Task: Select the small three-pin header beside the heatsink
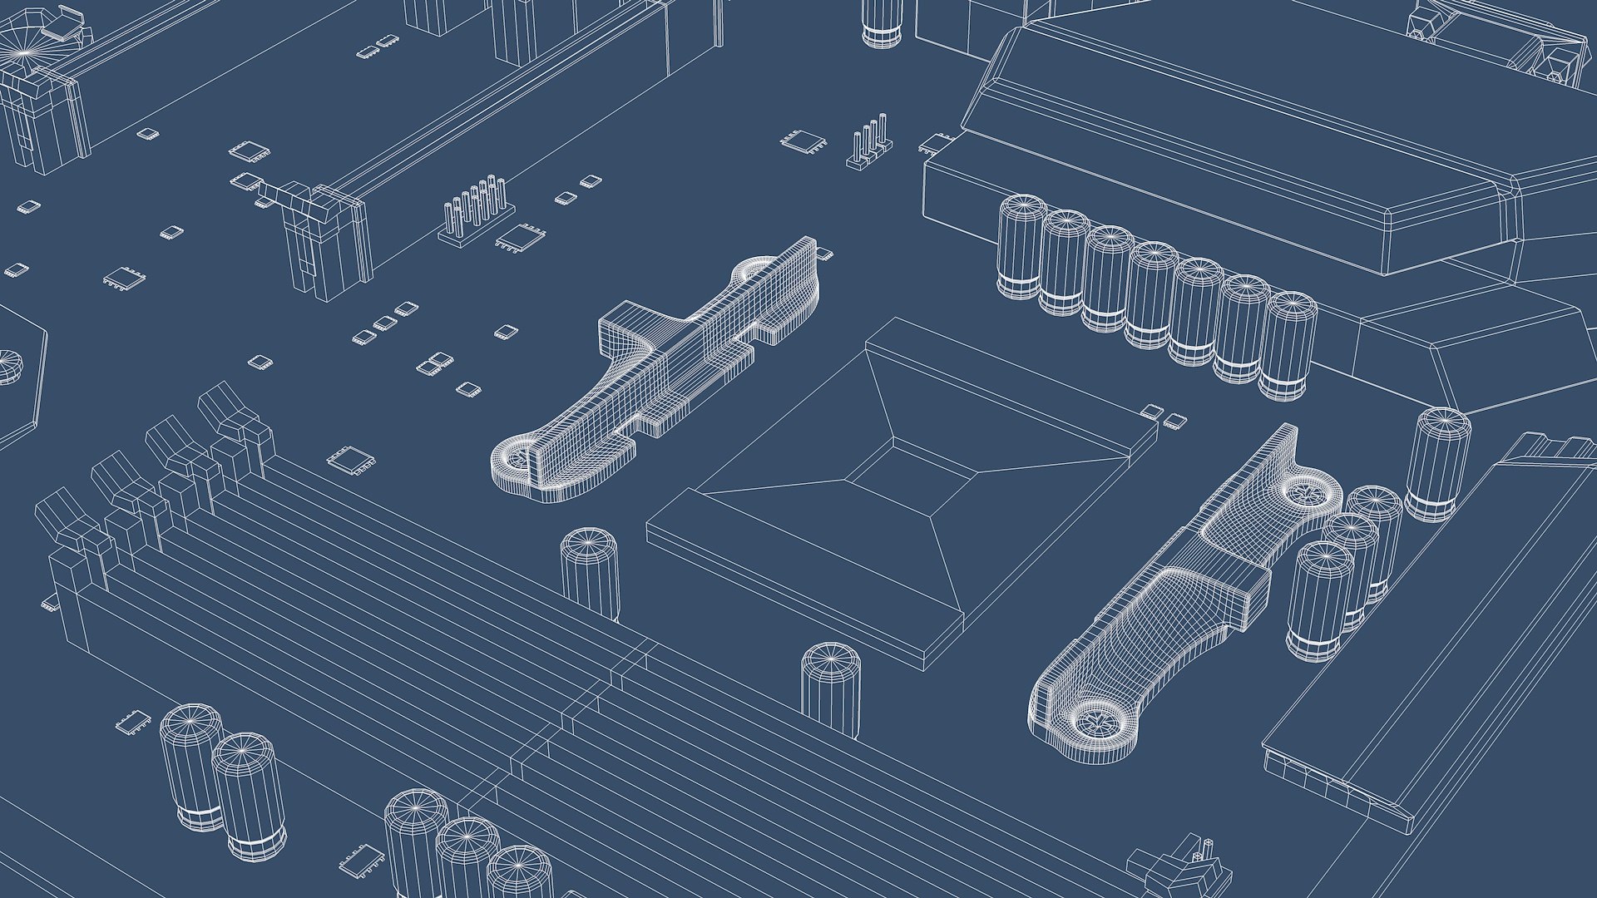870,145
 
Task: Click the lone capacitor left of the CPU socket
590,574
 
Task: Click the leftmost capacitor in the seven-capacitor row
1021,246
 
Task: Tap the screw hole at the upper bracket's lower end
517,458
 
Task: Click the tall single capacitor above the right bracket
1437,462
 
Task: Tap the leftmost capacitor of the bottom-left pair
190,765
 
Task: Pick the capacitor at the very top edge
881,22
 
